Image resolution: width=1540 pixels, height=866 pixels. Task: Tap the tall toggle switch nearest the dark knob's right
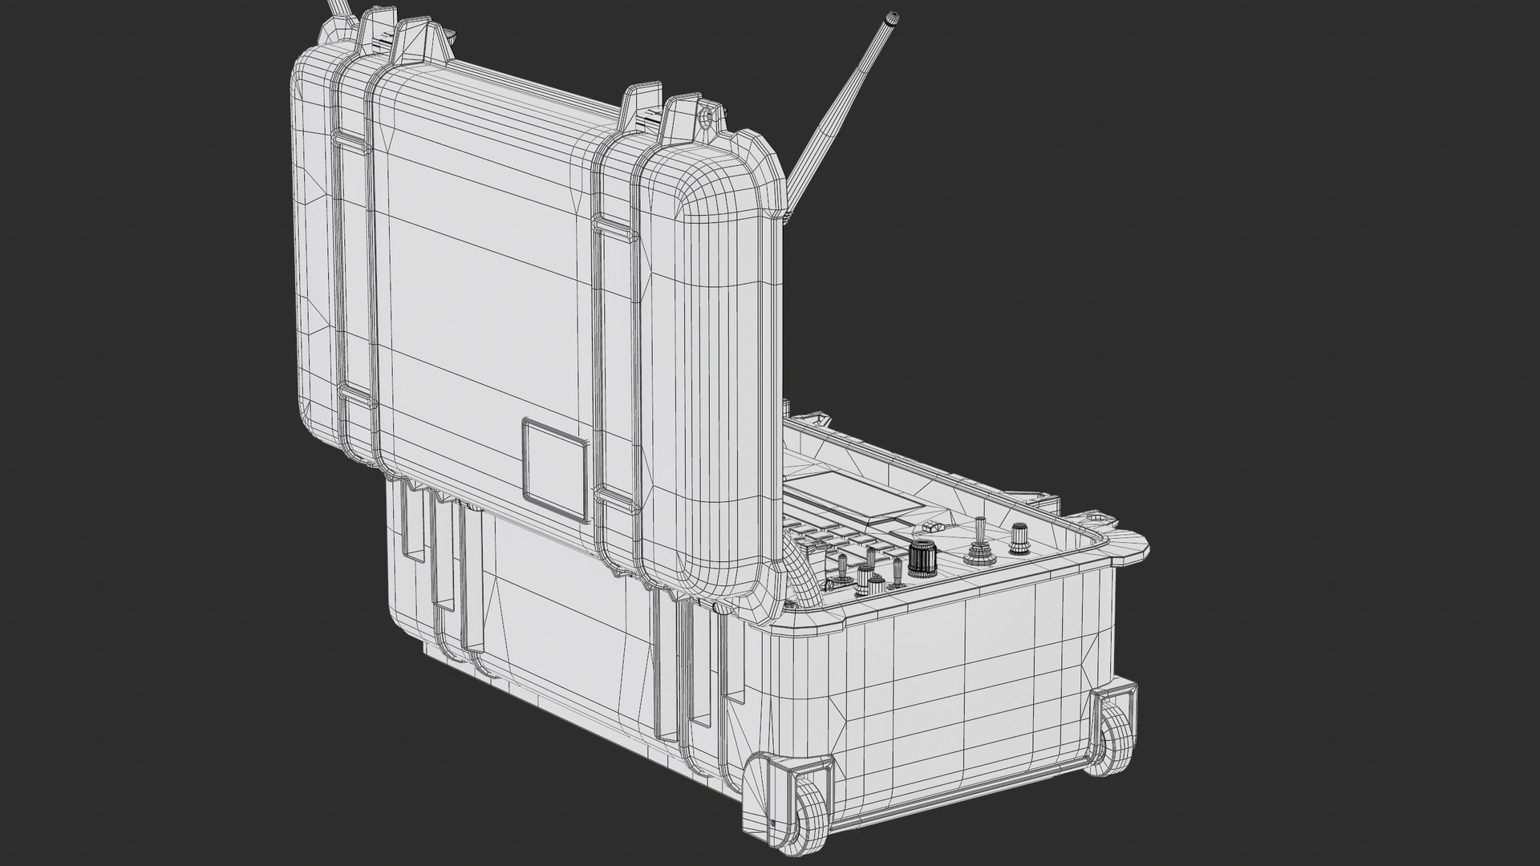point(979,545)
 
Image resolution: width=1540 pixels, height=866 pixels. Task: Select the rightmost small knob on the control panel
point(1020,536)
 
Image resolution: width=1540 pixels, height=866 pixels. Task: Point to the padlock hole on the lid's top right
point(706,118)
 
